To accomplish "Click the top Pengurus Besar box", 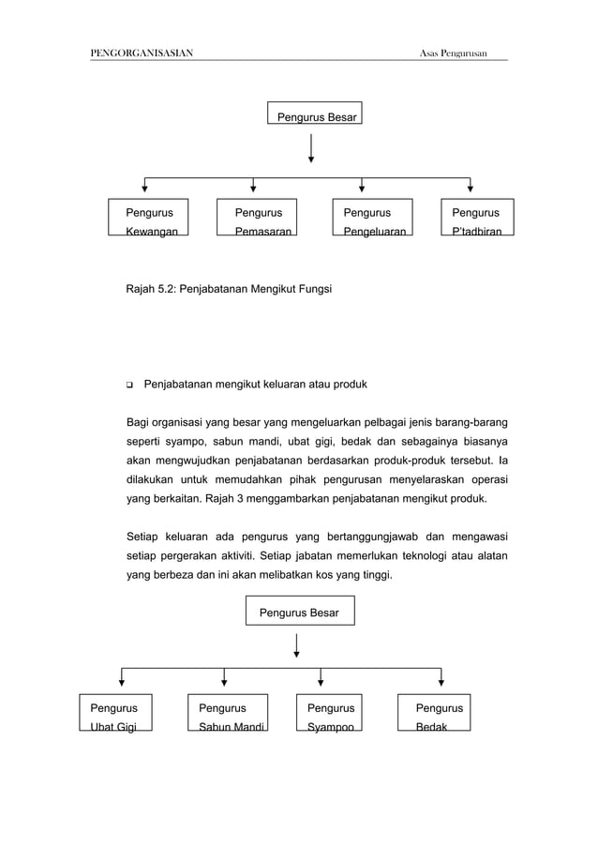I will coord(314,113).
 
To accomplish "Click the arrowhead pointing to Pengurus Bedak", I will coord(441,682).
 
